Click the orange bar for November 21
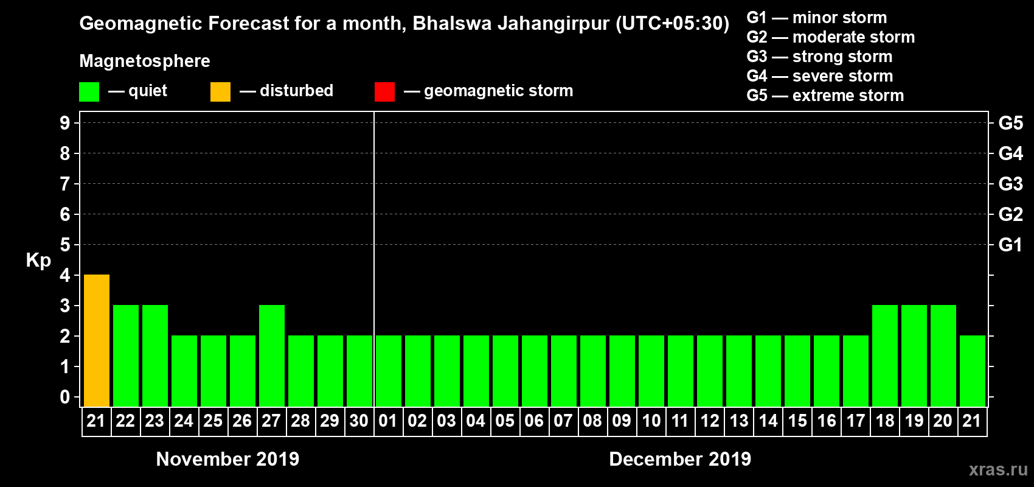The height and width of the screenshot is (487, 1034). (97, 340)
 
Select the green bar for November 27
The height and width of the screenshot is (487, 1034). (272, 356)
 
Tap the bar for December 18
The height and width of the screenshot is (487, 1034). (885, 356)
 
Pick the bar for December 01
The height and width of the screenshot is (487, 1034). (389, 371)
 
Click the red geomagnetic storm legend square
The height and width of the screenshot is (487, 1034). (384, 92)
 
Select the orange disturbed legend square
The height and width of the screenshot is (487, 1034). (220, 92)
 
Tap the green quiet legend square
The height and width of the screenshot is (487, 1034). (89, 92)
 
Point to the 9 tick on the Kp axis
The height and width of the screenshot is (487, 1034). (65, 123)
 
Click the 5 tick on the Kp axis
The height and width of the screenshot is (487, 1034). (65, 245)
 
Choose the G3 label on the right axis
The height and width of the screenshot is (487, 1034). (1010, 184)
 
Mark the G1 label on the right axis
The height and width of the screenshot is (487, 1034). (1010, 245)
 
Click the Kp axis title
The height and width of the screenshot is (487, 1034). (38, 261)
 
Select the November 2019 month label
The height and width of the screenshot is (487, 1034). (227, 459)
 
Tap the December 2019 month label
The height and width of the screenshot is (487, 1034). (680, 459)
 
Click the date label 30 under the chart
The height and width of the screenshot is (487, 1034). (359, 421)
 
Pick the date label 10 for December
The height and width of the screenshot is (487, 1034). (651, 421)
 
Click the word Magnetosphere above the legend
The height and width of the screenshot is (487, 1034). (145, 61)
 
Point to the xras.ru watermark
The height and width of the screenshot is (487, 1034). (998, 469)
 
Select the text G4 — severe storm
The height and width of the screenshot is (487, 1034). (820, 76)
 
